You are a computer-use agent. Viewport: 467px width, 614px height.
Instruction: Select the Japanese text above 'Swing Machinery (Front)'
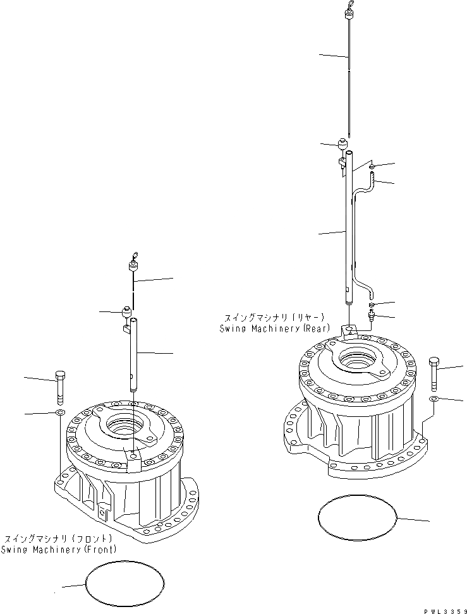(59, 539)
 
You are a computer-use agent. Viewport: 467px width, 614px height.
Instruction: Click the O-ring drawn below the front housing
(124, 584)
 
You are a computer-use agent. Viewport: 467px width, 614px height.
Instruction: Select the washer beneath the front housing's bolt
(59, 412)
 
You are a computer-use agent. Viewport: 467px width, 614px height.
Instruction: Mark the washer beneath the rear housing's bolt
(433, 400)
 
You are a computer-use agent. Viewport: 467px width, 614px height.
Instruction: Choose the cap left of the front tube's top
(126, 312)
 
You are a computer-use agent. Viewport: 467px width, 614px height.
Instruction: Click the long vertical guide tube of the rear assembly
(348, 234)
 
